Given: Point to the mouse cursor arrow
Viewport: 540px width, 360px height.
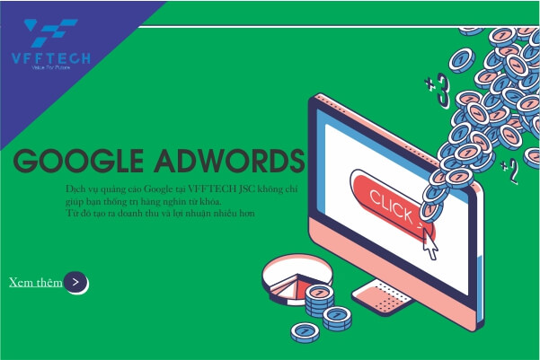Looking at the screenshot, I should point(429,242).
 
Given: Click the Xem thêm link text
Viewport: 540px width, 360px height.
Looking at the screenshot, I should point(36,282).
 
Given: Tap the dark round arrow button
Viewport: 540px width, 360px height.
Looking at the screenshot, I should point(76,282).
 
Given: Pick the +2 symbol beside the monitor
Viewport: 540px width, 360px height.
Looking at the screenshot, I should point(509,171).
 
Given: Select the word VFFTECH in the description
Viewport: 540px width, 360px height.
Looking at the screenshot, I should point(212,190).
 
